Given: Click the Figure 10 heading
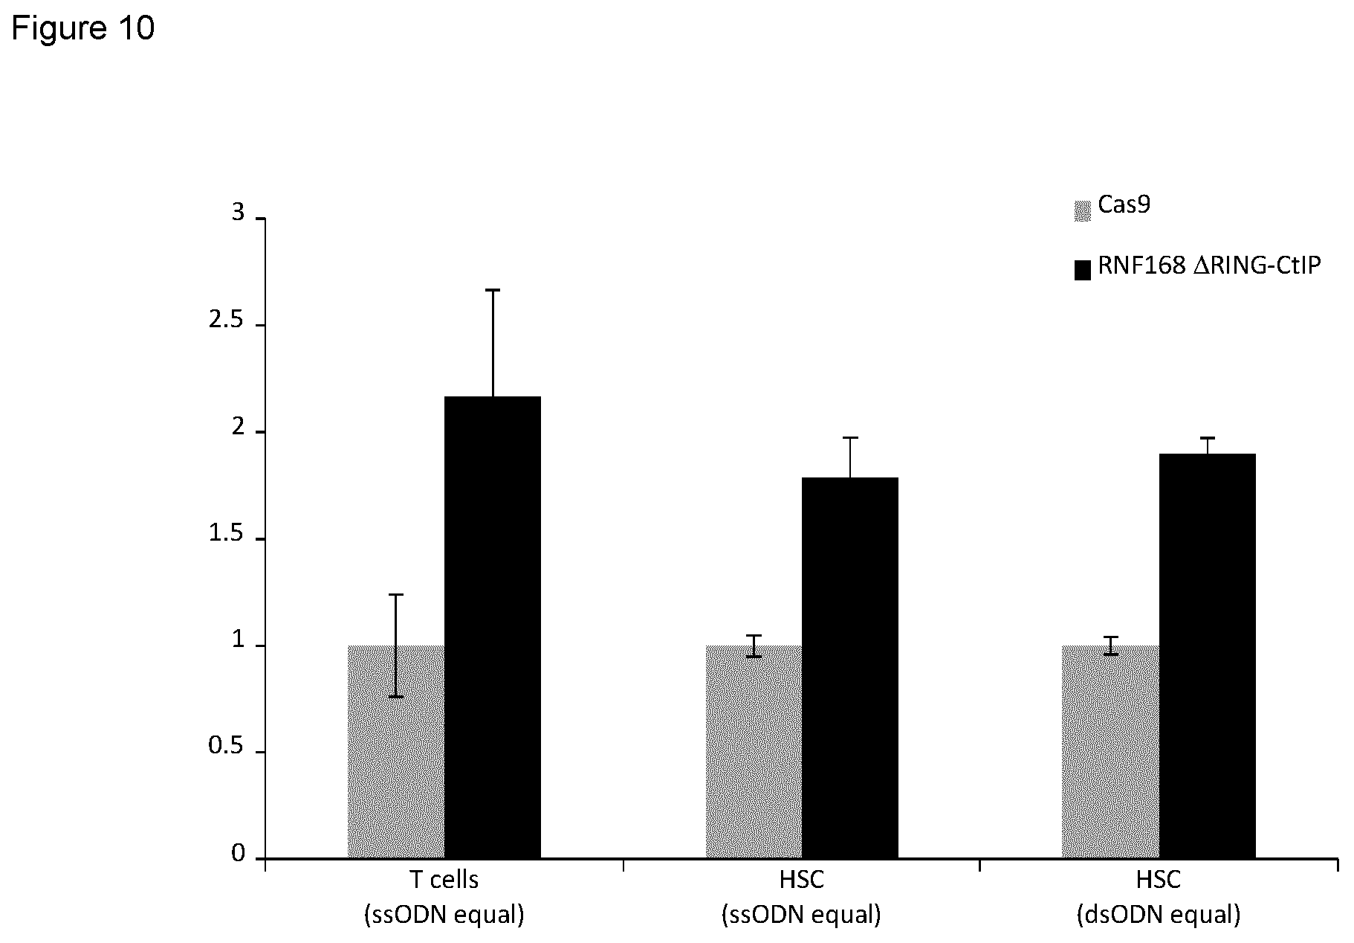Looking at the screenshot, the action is pyautogui.click(x=83, y=28).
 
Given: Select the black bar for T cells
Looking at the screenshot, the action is pyautogui.click(x=493, y=628).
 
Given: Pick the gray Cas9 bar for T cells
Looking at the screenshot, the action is pyautogui.click(x=396, y=752).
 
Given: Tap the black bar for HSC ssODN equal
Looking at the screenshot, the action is pyautogui.click(x=850, y=668).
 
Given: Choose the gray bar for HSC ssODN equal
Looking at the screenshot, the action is pyautogui.click(x=754, y=752).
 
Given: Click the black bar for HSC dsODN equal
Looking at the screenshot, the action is pyautogui.click(x=1208, y=656).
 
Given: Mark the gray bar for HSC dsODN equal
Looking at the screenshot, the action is pyautogui.click(x=1111, y=752).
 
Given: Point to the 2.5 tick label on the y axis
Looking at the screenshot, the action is pyautogui.click(x=227, y=321).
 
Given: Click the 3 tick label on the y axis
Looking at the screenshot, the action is pyautogui.click(x=238, y=213).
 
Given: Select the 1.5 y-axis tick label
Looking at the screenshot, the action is pyautogui.click(x=227, y=534).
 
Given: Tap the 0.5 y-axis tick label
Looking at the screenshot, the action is pyautogui.click(x=227, y=747).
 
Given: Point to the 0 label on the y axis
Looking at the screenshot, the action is pyautogui.click(x=238, y=854).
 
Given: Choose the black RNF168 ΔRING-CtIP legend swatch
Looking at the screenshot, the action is pyautogui.click(x=1083, y=269).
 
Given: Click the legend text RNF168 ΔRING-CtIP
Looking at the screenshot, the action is pyautogui.click(x=1210, y=266).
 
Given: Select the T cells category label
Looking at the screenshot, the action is pyautogui.click(x=444, y=880).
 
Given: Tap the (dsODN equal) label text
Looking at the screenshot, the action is pyautogui.click(x=1159, y=915).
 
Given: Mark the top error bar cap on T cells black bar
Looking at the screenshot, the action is pyautogui.click(x=493, y=290).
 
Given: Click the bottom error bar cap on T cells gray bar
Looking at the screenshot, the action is pyautogui.click(x=396, y=697).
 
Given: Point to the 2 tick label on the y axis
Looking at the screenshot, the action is pyautogui.click(x=238, y=427).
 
